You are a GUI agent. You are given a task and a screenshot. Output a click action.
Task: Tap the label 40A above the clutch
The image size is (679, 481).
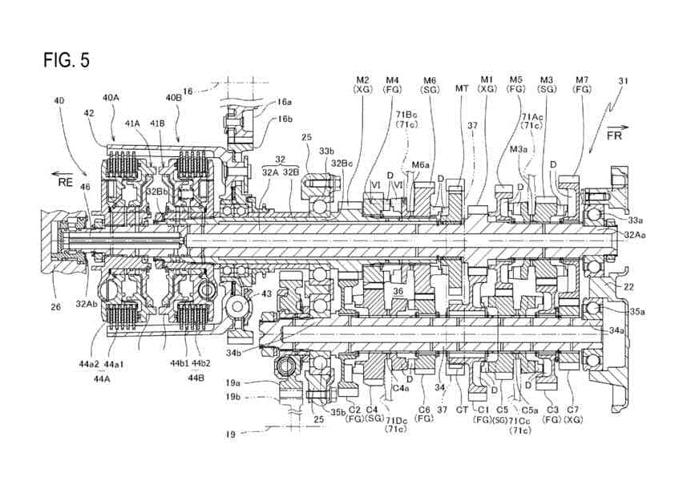(111, 97)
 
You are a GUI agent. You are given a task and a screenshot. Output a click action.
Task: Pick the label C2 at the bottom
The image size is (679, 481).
(354, 409)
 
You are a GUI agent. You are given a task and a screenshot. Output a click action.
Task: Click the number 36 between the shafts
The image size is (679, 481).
(398, 292)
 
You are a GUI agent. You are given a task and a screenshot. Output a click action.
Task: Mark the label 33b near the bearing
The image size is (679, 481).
(326, 150)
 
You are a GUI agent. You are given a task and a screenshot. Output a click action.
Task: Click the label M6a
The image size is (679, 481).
(421, 164)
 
